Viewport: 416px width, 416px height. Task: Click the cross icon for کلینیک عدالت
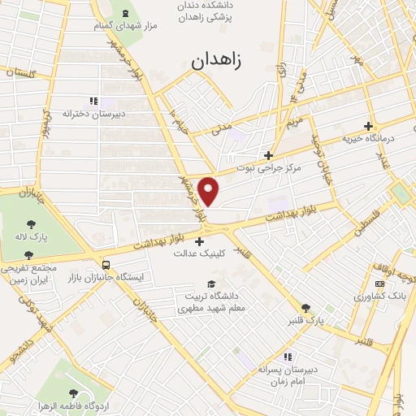(200, 240)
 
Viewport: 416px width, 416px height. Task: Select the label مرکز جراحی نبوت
(269, 168)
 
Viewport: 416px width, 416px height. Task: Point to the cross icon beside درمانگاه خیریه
(369, 126)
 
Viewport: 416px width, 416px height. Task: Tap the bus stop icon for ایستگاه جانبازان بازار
(106, 265)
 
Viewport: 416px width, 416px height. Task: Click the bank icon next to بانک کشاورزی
(379, 283)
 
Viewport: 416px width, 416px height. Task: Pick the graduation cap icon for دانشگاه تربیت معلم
(211, 284)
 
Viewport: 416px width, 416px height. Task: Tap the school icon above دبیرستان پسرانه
(286, 356)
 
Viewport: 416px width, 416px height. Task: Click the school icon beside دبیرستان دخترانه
(93, 101)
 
